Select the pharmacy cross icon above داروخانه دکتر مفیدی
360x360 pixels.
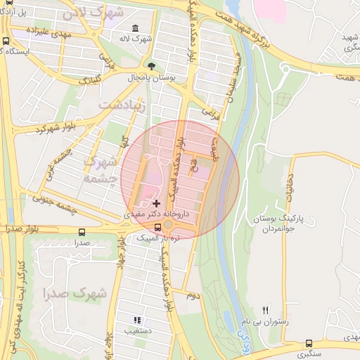tap(156, 202)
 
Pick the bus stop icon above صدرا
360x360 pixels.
tap(82, 232)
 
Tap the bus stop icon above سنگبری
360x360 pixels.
tap(309, 344)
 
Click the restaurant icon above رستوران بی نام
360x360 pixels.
tap(265, 309)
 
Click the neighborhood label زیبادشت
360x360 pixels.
tap(122, 105)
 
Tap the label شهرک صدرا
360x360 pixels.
tap(74, 293)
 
